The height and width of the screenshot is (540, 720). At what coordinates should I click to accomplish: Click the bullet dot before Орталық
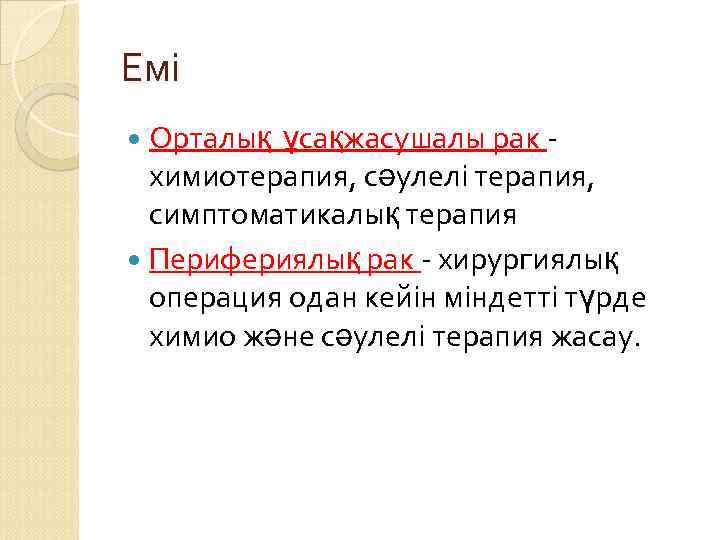(137, 140)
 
